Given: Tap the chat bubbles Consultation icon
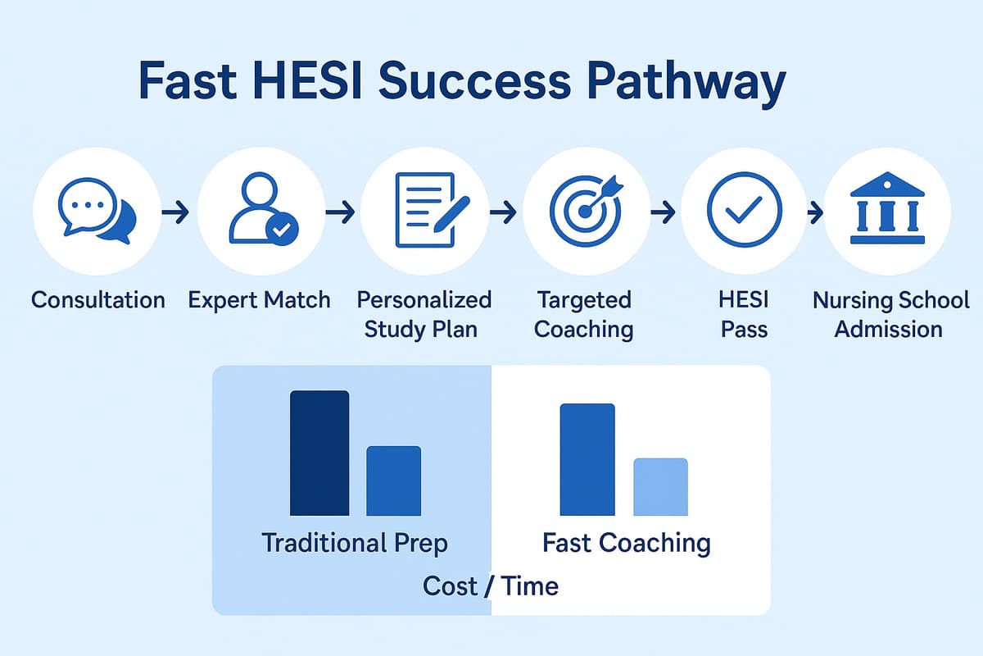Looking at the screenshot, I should [97, 211].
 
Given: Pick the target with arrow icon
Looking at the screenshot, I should [586, 211].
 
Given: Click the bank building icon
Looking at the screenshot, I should [887, 211].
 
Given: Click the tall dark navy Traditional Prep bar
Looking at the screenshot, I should [319, 453].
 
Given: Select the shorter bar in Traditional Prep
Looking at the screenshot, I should [393, 481].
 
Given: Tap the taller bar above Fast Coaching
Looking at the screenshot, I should [587, 459].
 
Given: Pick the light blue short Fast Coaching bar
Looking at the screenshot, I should [661, 486].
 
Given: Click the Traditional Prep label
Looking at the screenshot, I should [355, 543].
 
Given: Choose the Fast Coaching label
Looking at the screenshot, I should [626, 543].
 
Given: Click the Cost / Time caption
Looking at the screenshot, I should [491, 586].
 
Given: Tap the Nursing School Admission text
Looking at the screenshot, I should [890, 314].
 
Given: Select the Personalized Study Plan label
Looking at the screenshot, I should [424, 314].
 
